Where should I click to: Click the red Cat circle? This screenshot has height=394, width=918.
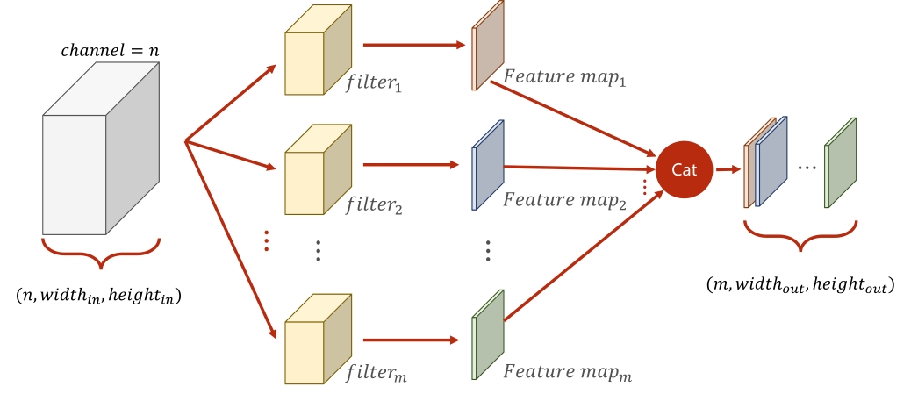684,169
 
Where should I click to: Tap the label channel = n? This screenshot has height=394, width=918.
110,51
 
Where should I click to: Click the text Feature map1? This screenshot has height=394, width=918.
563,78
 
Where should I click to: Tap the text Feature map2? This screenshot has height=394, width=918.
563,201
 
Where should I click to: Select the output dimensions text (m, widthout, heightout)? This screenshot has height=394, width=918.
800,284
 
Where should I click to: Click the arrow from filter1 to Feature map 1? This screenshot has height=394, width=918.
412,44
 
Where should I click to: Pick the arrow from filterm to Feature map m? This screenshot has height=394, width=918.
412,340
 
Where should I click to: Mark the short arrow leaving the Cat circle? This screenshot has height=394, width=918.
727,169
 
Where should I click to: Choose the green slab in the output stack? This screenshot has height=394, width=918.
840,162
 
